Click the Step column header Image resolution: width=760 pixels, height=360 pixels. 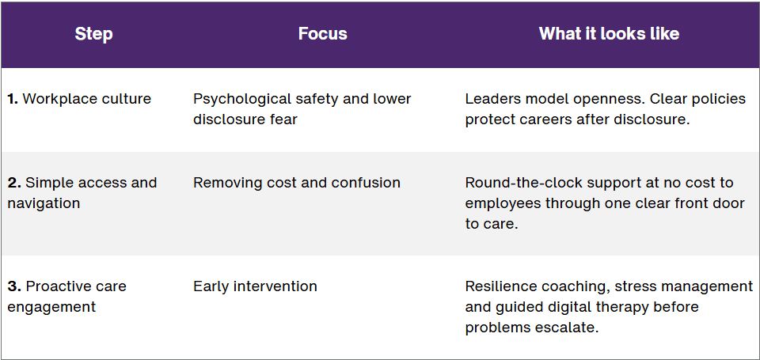click(x=93, y=34)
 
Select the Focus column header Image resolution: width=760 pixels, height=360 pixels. click(x=323, y=33)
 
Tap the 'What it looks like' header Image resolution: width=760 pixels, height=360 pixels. click(x=609, y=33)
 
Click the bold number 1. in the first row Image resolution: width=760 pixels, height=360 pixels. click(x=13, y=99)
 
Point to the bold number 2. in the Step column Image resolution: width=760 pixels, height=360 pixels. click(x=14, y=183)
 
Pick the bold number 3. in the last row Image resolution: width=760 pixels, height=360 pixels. click(x=14, y=286)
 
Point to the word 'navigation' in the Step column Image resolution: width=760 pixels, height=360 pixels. click(x=44, y=203)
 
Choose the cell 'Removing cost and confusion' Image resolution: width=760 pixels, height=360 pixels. click(x=297, y=183)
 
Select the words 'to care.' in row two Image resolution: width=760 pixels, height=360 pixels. click(x=492, y=225)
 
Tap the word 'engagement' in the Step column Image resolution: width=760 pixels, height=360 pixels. click(x=52, y=307)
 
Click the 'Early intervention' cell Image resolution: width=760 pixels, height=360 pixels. click(x=256, y=286)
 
